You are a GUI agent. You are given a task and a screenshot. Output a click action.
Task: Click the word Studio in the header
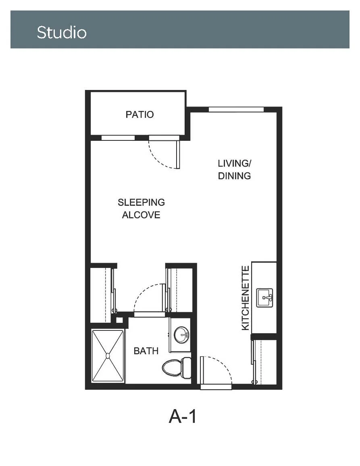62,32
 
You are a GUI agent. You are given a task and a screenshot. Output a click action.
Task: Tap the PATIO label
139,115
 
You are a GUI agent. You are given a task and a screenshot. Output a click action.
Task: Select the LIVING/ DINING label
234,169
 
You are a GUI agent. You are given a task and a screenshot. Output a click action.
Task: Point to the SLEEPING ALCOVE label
141,209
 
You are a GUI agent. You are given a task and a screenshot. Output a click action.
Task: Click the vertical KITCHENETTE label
246,298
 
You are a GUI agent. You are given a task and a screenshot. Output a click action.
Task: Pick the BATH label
146,351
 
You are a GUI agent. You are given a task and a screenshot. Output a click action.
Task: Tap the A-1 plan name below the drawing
182,416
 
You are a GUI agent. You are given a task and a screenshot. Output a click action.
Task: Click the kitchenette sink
264,297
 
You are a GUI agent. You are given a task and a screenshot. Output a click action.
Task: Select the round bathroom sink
181,335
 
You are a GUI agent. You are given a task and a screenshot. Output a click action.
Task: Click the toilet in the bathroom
177,368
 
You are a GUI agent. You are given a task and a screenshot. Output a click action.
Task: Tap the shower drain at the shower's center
108,355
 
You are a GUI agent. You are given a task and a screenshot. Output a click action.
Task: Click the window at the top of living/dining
236,109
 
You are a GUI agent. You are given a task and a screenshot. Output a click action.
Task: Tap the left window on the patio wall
118,138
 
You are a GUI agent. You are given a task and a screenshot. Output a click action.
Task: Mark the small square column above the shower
119,320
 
